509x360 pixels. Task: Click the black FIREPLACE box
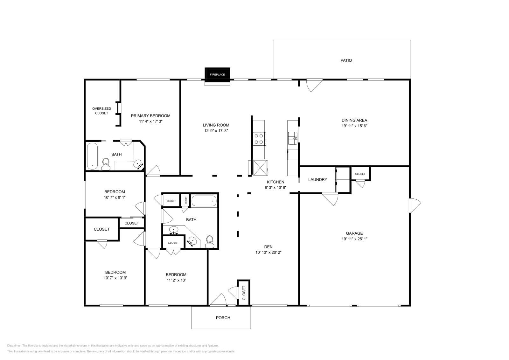pos(217,74)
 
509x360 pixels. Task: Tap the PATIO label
pos(346,60)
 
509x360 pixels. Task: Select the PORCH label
pos(223,318)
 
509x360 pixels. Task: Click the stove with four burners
pos(259,139)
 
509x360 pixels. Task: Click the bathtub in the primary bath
pos(92,156)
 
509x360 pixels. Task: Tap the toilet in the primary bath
pos(106,164)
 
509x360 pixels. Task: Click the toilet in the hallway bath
pos(209,242)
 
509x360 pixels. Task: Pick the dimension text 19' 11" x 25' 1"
pos(354,239)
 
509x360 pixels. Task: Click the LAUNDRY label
pos(317,180)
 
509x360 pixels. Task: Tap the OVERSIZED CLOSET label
pos(101,111)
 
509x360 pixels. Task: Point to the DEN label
pos(268,247)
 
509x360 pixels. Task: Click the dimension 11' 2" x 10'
pos(176,280)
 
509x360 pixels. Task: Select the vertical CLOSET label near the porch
pos(244,293)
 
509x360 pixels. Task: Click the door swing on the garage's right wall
pos(415,205)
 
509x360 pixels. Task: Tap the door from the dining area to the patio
pos(314,85)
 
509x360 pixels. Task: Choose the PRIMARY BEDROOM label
pos(150,116)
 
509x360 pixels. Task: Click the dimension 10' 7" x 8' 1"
pos(115,197)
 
